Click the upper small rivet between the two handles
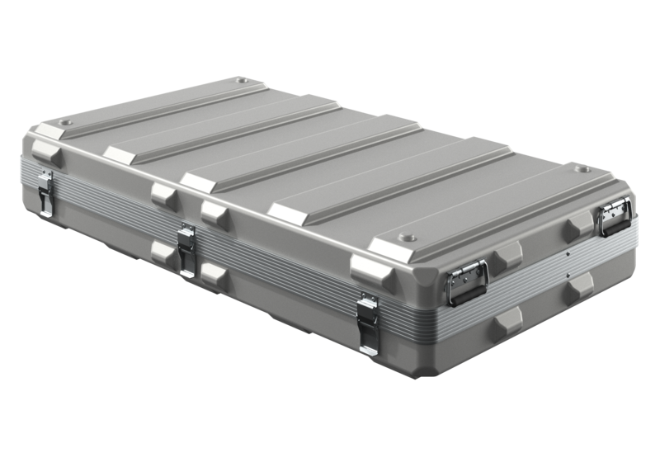567,253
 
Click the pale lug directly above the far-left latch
45,153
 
